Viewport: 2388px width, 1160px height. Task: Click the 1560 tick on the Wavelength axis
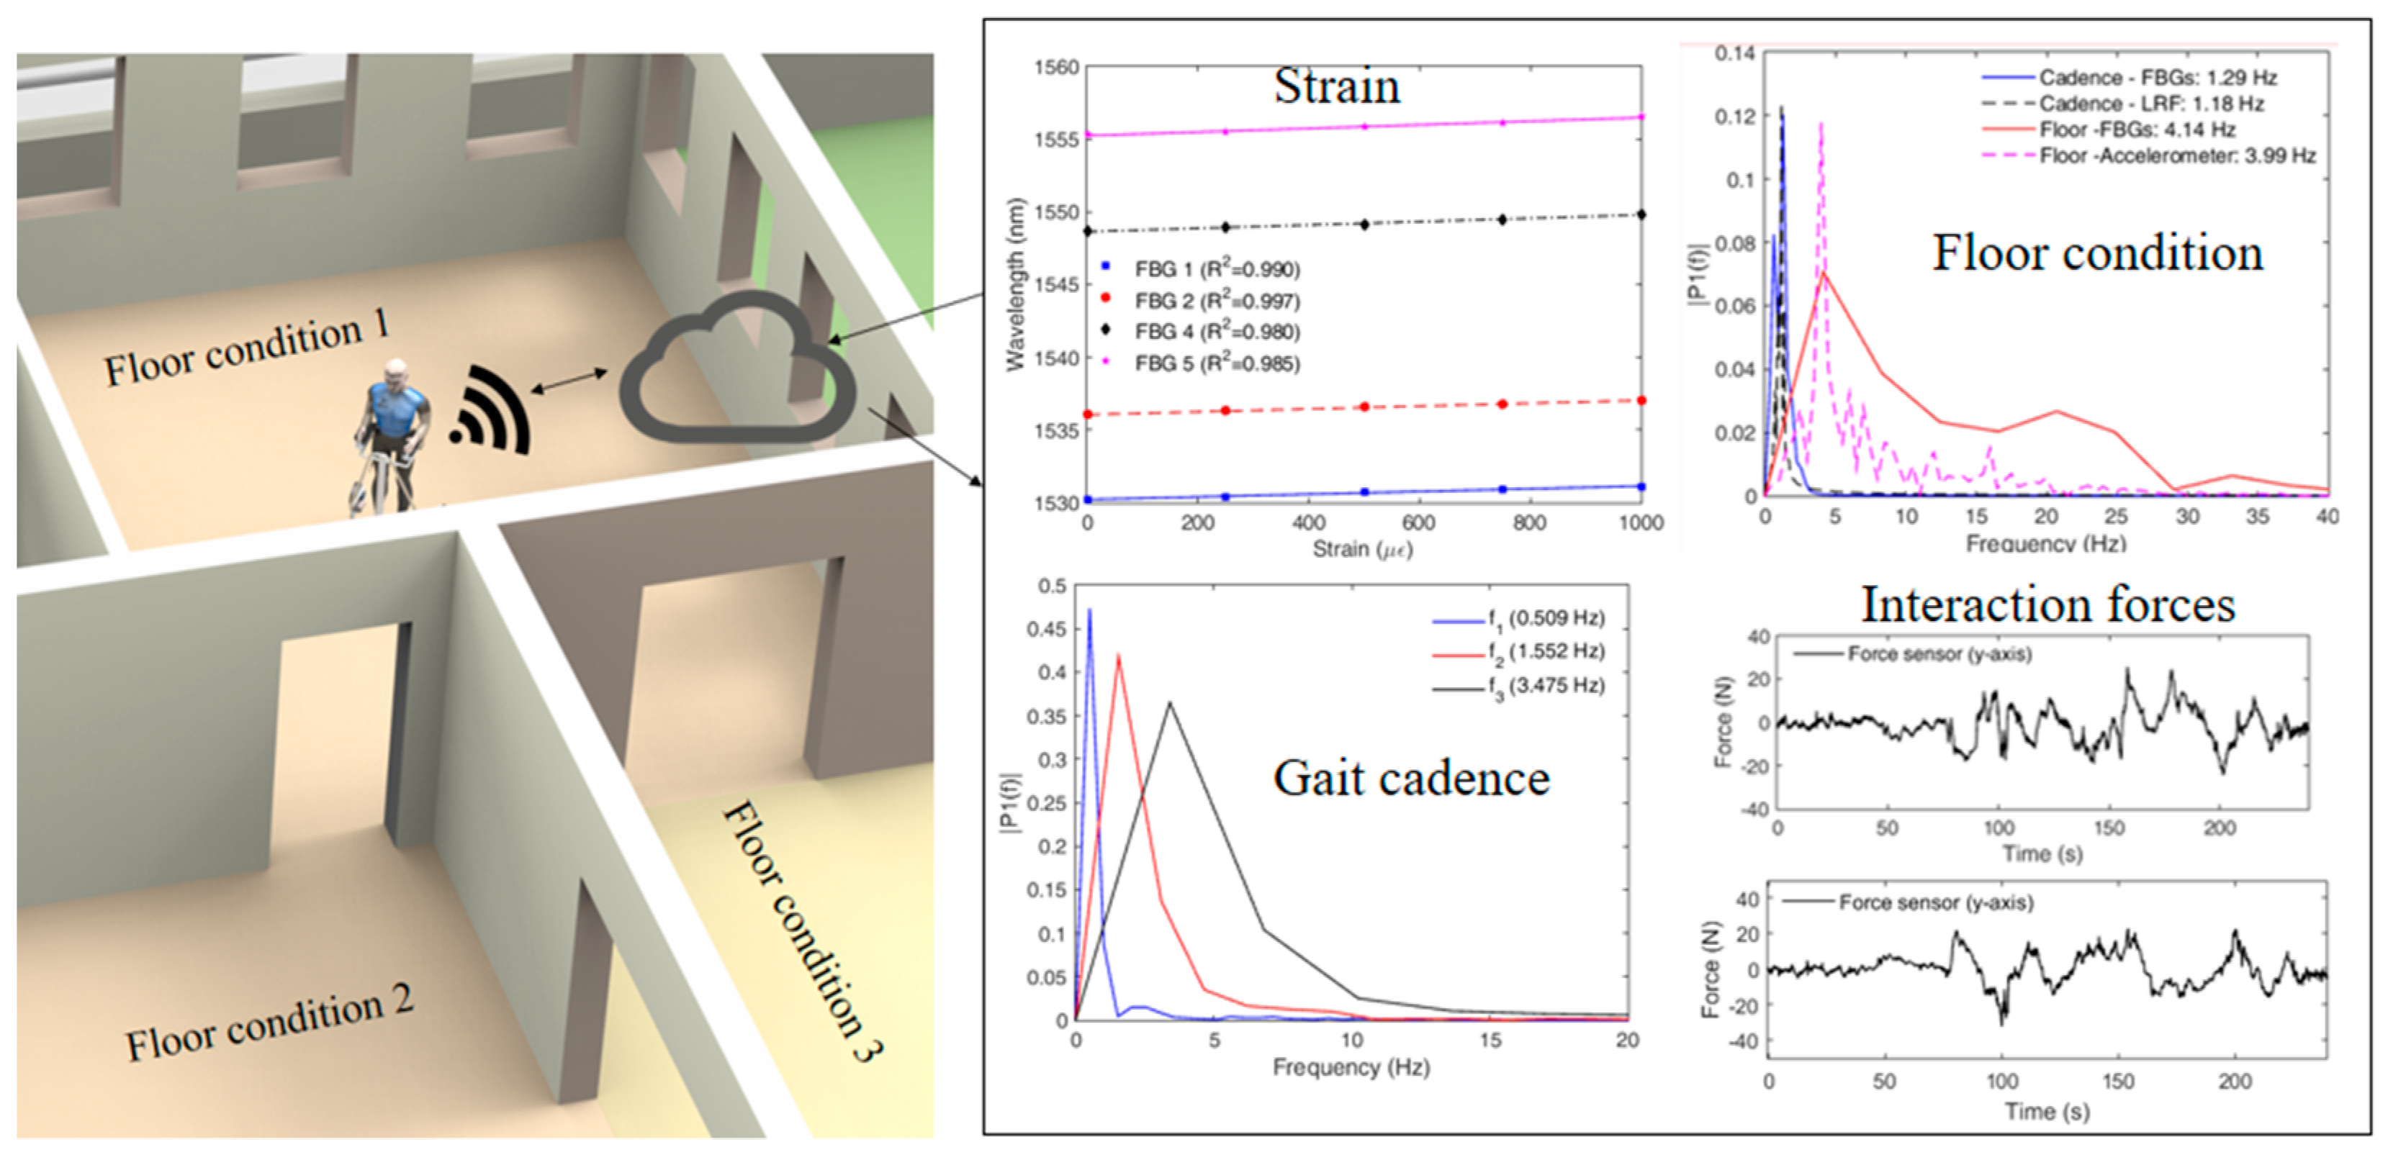click(x=1056, y=68)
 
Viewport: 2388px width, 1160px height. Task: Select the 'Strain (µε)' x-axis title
click(x=1362, y=550)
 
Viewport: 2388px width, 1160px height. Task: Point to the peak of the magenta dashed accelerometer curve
click(x=1821, y=123)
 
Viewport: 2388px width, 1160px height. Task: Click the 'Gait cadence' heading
click(x=1411, y=779)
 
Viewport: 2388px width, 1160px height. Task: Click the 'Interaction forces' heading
click(x=2047, y=605)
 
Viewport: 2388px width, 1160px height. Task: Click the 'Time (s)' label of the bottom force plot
click(x=2047, y=1111)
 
